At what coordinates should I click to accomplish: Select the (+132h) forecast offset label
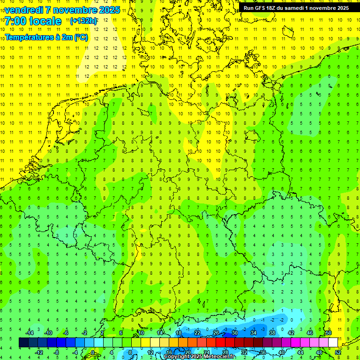pyautogui.click(x=83, y=21)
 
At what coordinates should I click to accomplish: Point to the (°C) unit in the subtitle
pyautogui.click(x=80, y=37)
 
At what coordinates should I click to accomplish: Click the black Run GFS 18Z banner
pyautogui.click(x=296, y=8)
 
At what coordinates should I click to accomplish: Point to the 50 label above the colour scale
pyautogui.click(x=329, y=333)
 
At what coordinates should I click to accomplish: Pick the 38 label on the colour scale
pyautogui.click(x=272, y=333)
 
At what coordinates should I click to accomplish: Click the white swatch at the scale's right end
pyautogui.click(x=333, y=342)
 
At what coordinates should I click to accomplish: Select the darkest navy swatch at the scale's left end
pyautogui.click(x=24, y=342)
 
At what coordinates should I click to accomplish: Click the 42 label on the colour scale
pyautogui.click(x=291, y=333)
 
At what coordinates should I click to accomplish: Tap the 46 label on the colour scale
pyautogui.click(x=310, y=333)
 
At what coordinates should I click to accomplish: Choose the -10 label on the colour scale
pyautogui.click(x=48, y=333)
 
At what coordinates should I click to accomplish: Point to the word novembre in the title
pyautogui.click(x=75, y=10)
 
